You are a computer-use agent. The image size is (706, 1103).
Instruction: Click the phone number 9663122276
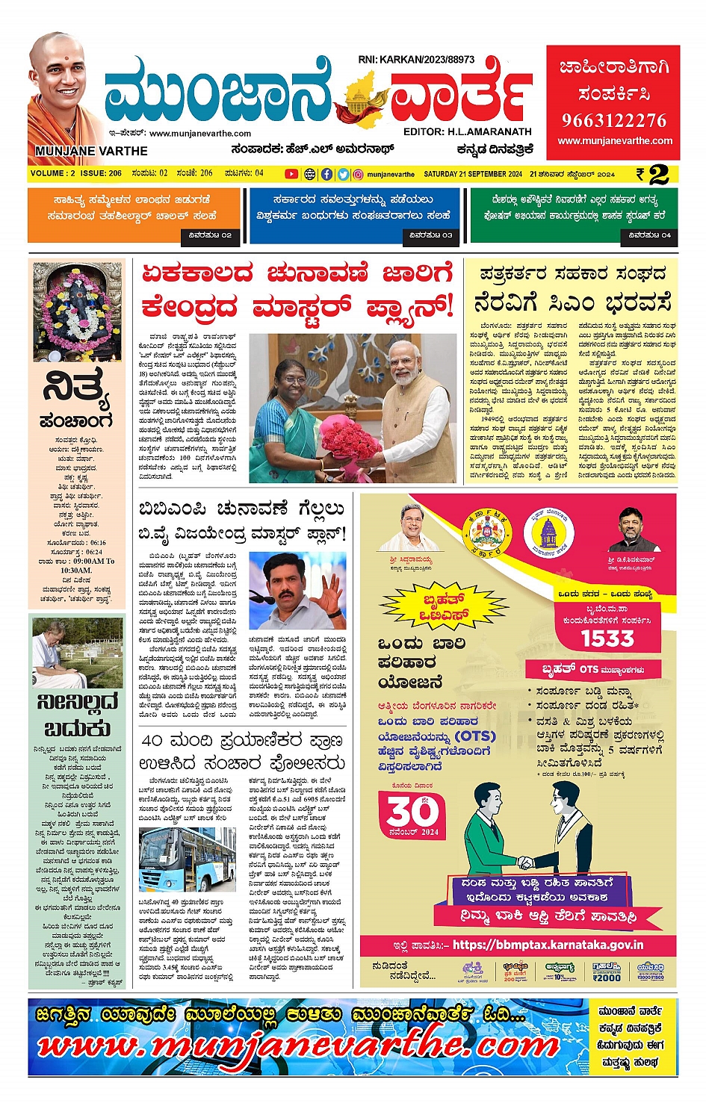click(x=613, y=120)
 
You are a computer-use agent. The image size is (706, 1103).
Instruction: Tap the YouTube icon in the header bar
click(x=291, y=174)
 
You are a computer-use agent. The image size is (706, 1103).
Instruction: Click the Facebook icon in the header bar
click(x=326, y=174)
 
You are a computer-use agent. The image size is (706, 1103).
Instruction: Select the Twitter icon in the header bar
click(x=343, y=174)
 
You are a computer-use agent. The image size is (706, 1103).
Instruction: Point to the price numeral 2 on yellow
click(x=658, y=175)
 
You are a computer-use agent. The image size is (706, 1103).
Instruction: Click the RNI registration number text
click(x=416, y=59)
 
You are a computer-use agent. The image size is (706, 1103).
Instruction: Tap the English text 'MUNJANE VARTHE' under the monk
click(x=91, y=151)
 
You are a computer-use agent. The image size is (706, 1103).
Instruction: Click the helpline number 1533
click(x=607, y=639)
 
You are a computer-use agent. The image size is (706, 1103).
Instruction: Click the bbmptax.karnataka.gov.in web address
click(x=547, y=945)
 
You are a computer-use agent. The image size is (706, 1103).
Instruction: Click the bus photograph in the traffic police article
click(x=188, y=859)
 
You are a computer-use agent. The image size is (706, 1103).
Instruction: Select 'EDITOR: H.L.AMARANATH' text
click(x=467, y=131)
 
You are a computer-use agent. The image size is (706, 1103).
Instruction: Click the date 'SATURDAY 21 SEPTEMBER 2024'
click(x=472, y=174)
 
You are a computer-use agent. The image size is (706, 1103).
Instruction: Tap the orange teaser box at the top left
click(x=134, y=215)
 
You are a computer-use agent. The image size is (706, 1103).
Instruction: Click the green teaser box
click(x=574, y=215)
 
